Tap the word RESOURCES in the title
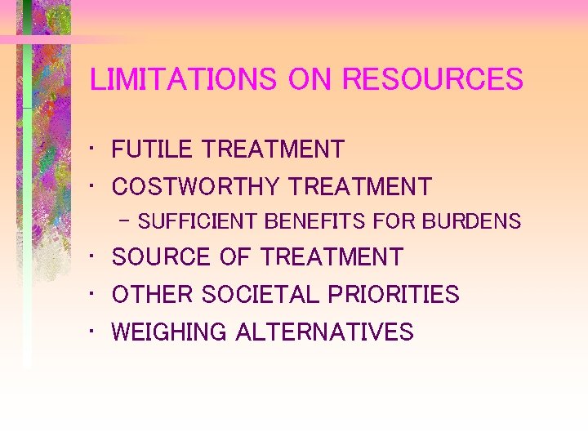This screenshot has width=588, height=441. [x=433, y=80]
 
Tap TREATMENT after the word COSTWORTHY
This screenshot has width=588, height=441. [x=359, y=187]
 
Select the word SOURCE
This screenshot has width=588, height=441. [x=161, y=257]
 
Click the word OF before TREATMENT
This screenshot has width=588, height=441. [x=234, y=257]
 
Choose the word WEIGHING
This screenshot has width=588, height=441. [x=169, y=332]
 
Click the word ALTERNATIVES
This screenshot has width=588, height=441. [x=324, y=332]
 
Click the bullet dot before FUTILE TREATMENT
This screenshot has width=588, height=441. [x=96, y=148]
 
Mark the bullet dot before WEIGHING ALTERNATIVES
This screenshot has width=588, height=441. [x=96, y=330]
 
